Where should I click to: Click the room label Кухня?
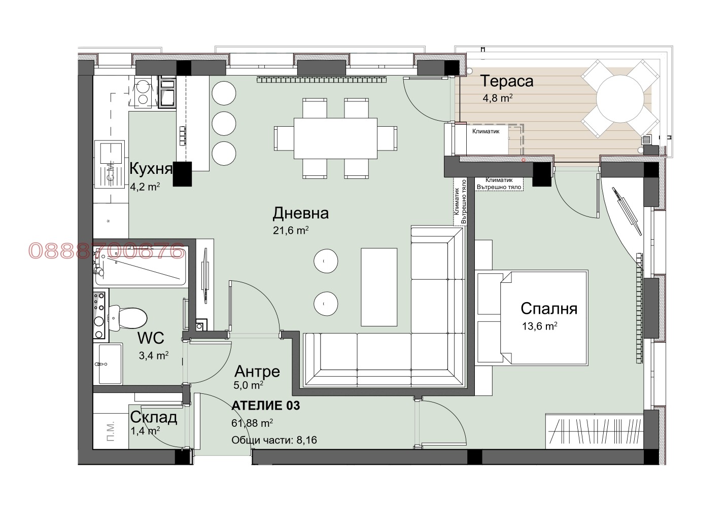[151, 168]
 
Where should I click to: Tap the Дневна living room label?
[300, 213]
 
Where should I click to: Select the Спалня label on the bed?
[549, 309]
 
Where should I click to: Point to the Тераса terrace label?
[507, 81]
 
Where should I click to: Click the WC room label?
[150, 338]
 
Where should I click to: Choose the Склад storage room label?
[153, 418]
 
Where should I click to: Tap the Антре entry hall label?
[256, 372]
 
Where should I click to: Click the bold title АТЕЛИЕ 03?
[265, 406]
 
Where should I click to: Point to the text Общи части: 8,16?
[274, 440]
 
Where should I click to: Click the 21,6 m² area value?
[291, 231]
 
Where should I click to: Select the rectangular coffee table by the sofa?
[379, 286]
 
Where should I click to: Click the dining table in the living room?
[335, 138]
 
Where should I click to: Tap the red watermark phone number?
[107, 250]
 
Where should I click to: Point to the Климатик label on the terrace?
[486, 131]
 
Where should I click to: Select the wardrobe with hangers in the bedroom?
[594, 431]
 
